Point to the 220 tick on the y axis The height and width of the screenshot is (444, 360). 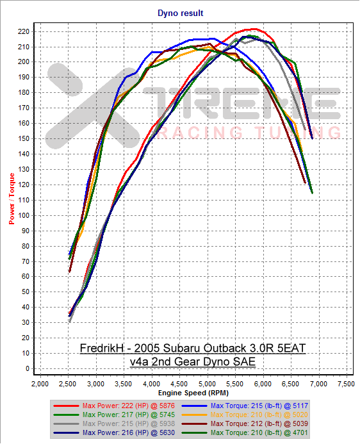point(27,31)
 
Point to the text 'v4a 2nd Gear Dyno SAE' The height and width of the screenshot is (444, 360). point(192,361)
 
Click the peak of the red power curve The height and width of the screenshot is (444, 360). point(254,29)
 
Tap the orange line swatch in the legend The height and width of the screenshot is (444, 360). point(190,415)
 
